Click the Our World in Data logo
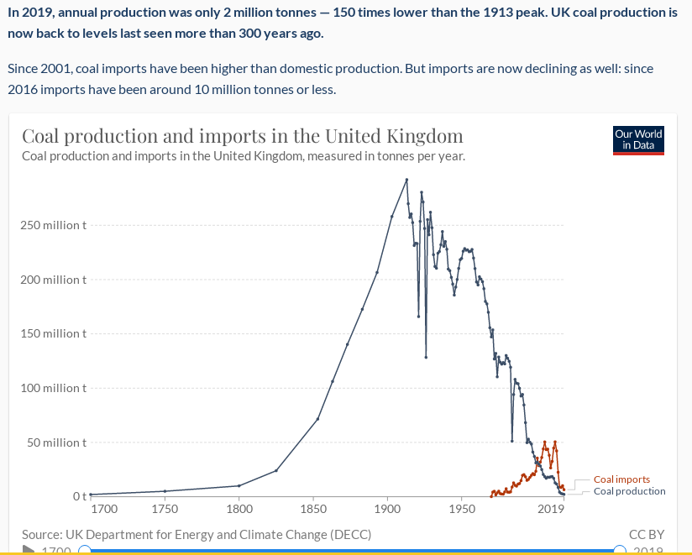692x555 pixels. point(638,139)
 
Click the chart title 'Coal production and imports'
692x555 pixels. point(242,136)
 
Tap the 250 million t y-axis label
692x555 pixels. point(54,225)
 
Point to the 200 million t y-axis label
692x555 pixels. point(54,280)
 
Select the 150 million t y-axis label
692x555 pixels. point(54,333)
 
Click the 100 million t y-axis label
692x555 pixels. point(54,388)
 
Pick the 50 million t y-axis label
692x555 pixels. point(56,442)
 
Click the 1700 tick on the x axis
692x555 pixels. point(104,509)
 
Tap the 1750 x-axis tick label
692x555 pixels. point(165,509)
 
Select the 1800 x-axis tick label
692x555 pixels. point(239,509)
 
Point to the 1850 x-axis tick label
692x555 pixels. point(313,509)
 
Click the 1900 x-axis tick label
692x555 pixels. point(387,509)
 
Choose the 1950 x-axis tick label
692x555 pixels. point(461,509)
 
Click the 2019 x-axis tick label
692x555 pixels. point(552,509)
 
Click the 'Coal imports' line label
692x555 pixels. point(621,479)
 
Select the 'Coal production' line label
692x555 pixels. point(629,491)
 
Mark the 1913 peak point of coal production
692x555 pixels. point(406,179)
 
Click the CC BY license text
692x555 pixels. point(646,534)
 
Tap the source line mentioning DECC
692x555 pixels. point(197,534)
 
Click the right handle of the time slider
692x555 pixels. point(620,550)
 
